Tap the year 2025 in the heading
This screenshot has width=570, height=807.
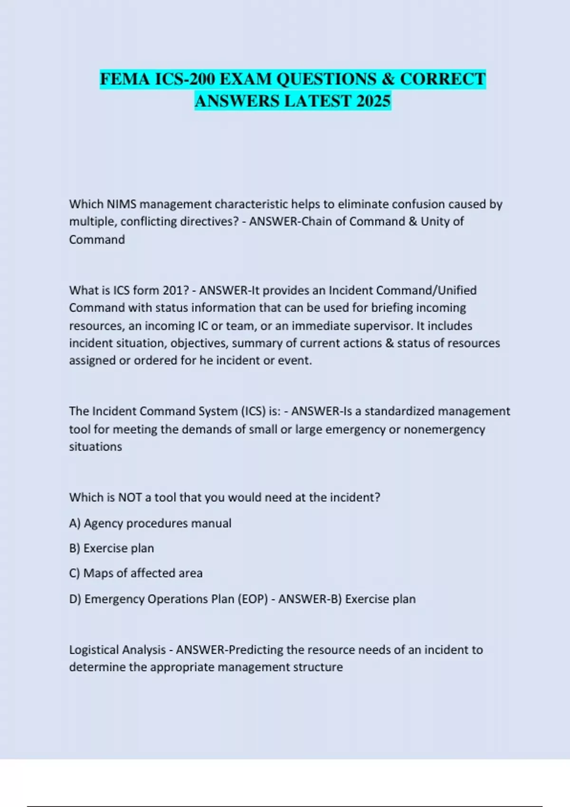coord(373,101)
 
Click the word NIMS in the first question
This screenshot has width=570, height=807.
coord(121,204)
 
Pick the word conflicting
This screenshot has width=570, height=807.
coord(149,222)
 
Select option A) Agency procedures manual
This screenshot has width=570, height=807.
coord(150,523)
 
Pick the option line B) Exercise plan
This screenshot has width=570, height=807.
coord(112,548)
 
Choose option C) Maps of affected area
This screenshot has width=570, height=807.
coord(136,573)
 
